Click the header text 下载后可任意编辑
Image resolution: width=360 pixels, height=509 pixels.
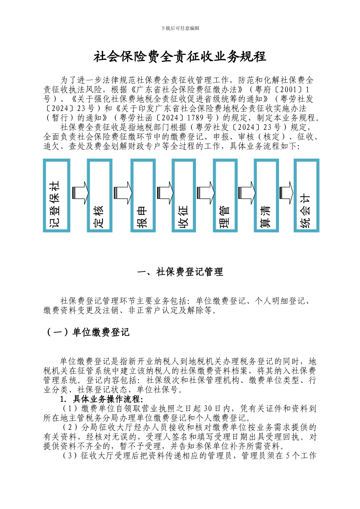(x=180, y=28)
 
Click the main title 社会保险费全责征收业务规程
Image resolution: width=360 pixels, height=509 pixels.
(x=180, y=57)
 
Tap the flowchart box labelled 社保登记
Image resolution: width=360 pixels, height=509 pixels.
(x=56, y=195)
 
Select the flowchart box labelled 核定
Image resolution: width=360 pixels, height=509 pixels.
(x=100, y=195)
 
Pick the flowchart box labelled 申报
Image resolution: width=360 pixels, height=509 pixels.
(x=143, y=195)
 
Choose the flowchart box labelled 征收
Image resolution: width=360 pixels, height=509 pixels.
(x=184, y=195)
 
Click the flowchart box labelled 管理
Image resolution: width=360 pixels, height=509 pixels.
(x=225, y=195)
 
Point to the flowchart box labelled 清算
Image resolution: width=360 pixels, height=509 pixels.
(x=266, y=195)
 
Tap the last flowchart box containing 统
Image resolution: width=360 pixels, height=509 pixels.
(x=307, y=195)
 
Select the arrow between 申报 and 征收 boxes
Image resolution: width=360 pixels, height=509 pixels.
(x=164, y=192)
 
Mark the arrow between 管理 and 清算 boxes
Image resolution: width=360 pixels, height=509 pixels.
(x=246, y=192)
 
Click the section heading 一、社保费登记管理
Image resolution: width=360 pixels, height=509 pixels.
(x=180, y=272)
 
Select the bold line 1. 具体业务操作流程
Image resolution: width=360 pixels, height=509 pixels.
(x=102, y=399)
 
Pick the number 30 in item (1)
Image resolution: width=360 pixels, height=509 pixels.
(x=208, y=409)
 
